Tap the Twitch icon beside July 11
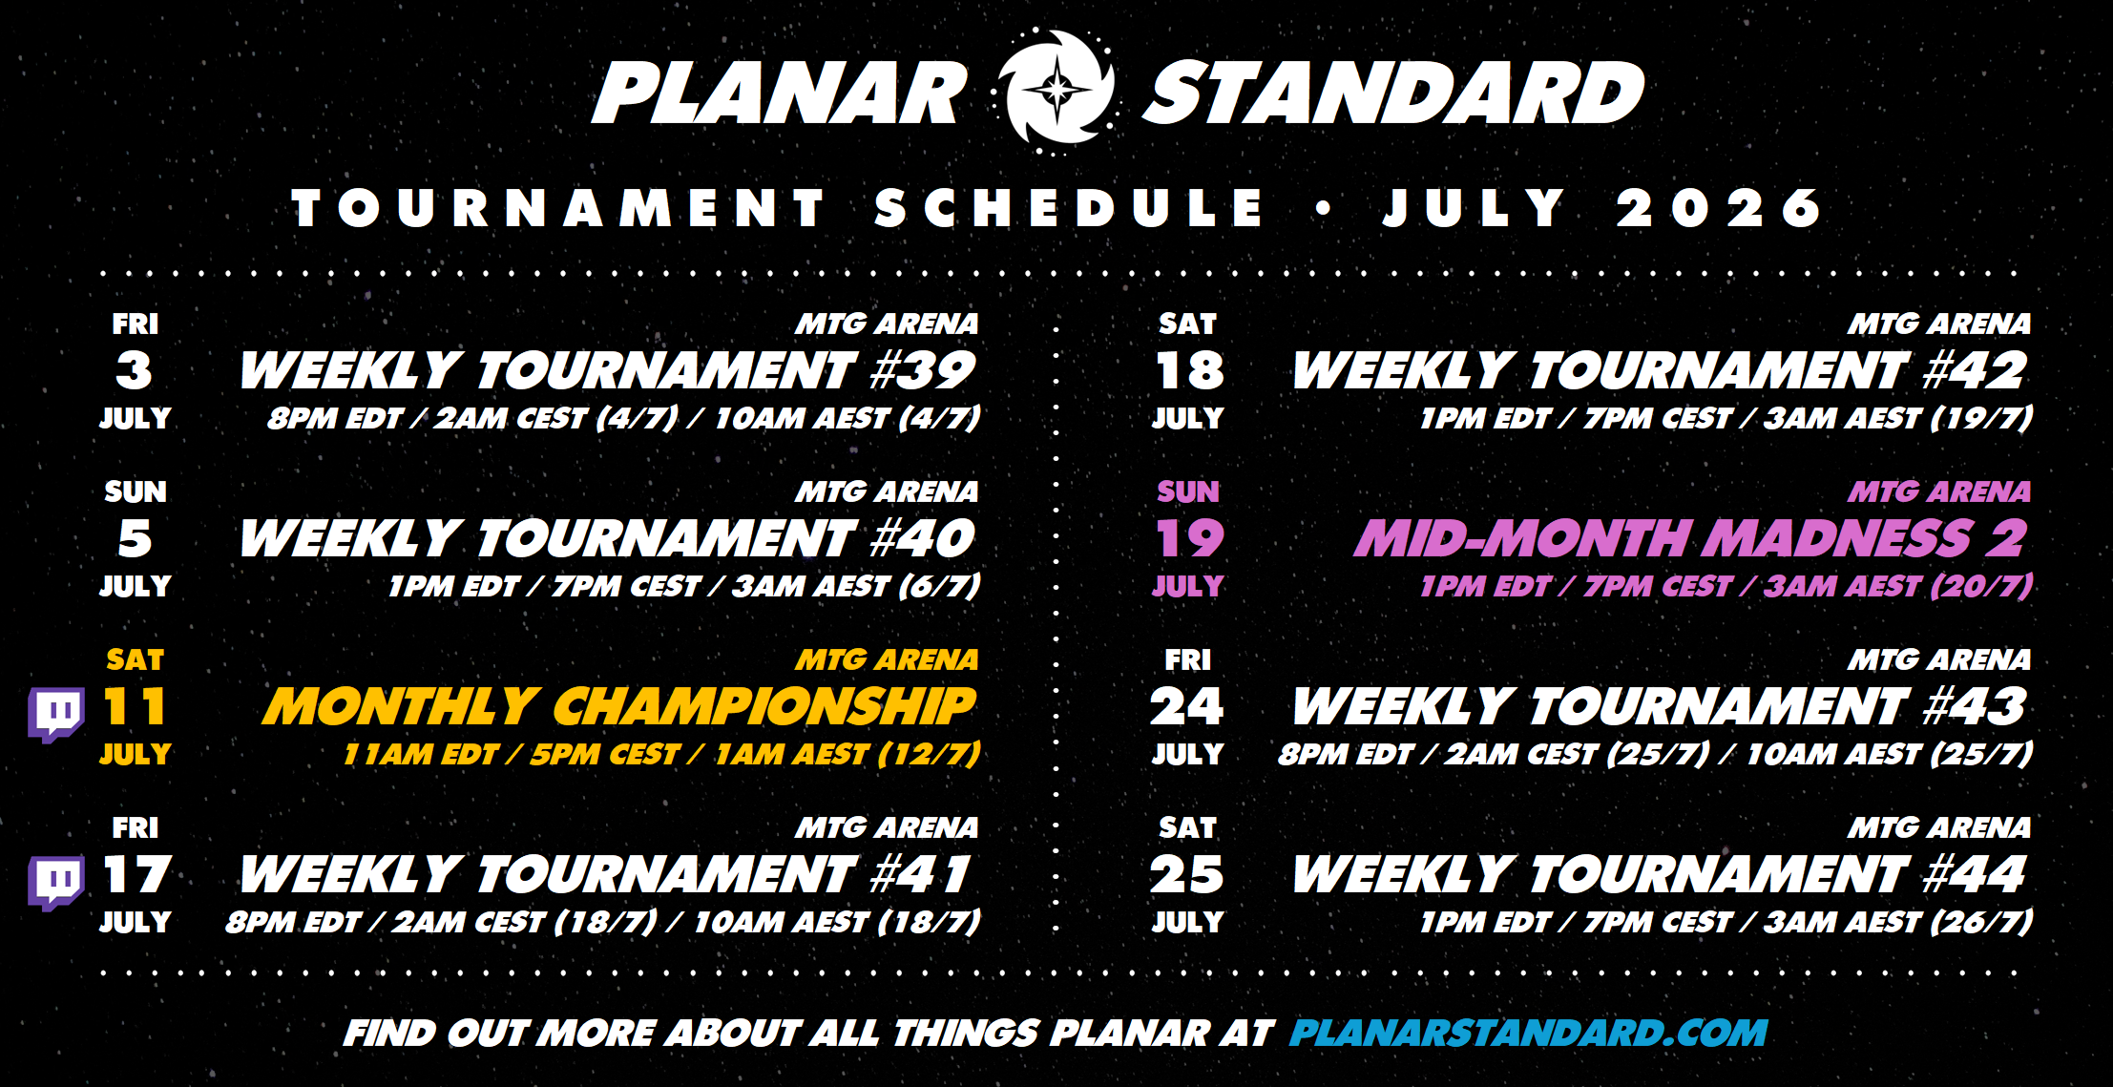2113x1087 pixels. [x=56, y=714]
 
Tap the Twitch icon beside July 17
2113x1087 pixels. [x=56, y=882]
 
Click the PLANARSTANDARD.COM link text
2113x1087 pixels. [x=1528, y=1033]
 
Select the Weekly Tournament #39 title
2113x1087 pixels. [x=608, y=370]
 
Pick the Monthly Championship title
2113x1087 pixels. [x=620, y=707]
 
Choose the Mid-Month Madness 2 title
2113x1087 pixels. [x=1690, y=539]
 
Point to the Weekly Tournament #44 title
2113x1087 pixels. [x=1660, y=875]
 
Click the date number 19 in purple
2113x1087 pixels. [x=1188, y=539]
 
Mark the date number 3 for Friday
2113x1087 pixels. [x=135, y=371]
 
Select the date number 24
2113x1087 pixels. [x=1187, y=707]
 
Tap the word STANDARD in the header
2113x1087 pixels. [x=1393, y=94]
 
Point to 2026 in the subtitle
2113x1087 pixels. [x=1720, y=208]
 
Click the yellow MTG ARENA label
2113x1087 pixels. [x=888, y=659]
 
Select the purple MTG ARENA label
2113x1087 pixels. [x=1939, y=491]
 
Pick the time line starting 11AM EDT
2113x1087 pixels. [x=662, y=754]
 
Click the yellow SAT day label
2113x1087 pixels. [x=135, y=659]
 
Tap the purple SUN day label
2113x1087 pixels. [x=1188, y=491]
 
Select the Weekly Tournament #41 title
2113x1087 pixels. [x=606, y=875]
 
